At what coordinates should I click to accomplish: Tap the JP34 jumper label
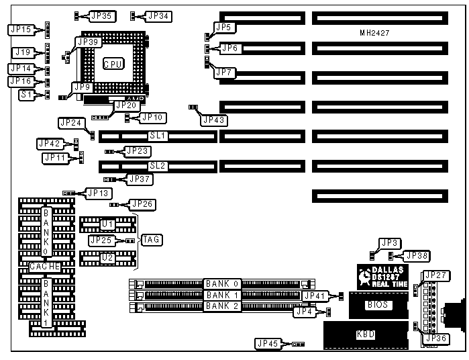click(158, 15)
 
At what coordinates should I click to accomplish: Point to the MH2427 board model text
click(375, 33)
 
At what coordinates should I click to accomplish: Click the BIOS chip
click(376, 305)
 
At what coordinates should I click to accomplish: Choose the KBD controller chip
click(366, 334)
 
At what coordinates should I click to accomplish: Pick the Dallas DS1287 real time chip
click(382, 276)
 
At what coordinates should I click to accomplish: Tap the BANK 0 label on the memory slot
click(221, 283)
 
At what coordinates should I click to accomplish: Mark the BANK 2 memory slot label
click(221, 306)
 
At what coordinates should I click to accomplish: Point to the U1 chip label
click(107, 223)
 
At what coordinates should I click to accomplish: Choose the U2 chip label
click(107, 257)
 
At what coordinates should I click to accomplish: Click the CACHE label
click(45, 267)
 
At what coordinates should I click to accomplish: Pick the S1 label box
click(24, 95)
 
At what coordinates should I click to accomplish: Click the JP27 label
click(436, 275)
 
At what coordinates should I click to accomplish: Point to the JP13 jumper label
click(98, 193)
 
